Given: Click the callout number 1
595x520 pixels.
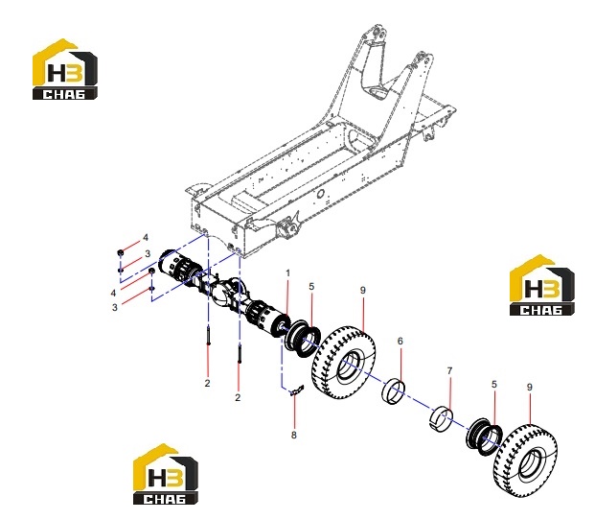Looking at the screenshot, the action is tap(288, 273).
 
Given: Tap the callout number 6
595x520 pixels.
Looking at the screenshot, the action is tap(400, 342).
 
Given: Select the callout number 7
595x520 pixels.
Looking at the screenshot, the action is tap(449, 370).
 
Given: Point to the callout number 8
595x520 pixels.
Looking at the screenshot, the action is tap(294, 435).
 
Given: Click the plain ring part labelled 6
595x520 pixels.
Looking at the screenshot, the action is tap(393, 391).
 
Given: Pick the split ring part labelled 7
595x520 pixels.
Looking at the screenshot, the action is tap(441, 419).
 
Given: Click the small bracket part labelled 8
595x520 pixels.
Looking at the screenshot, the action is tap(297, 390).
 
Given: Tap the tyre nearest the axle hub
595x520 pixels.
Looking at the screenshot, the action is tap(344, 362).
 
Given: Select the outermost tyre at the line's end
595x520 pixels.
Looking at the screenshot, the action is tap(525, 461).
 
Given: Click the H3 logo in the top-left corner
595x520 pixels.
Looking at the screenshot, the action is tap(65, 69).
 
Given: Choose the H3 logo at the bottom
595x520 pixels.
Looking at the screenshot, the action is tap(166, 474).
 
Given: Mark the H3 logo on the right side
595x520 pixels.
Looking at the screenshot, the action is tap(542, 285).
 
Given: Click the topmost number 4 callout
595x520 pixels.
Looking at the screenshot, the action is tap(146, 238).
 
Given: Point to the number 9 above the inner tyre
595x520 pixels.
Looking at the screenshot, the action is tap(363, 290).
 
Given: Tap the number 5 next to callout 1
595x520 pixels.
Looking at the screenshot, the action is tap(311, 287).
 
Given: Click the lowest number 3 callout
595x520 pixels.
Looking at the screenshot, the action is tap(115, 307).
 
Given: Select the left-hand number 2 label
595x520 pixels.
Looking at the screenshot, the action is tap(207, 383).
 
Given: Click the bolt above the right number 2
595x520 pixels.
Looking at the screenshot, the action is tap(240, 353).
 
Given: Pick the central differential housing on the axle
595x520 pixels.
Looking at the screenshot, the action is tap(227, 291).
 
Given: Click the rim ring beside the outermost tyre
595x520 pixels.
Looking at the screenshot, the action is tap(484, 437).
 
